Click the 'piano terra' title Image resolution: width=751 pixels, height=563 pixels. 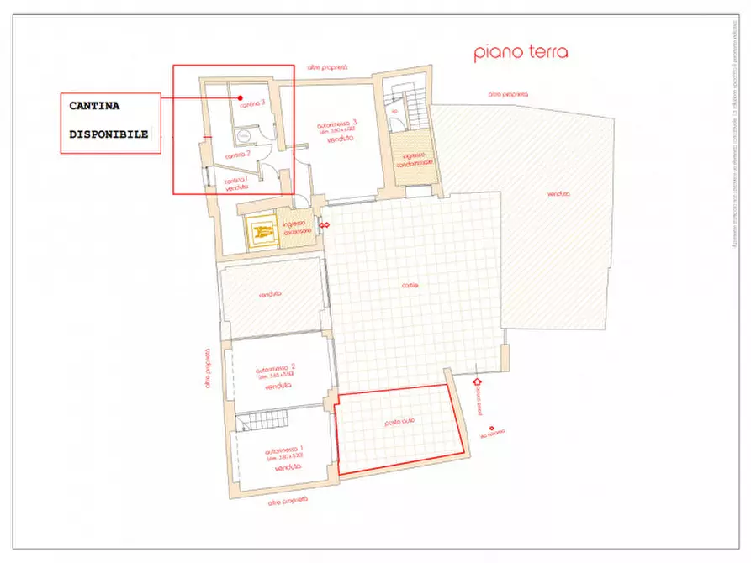pos(521,52)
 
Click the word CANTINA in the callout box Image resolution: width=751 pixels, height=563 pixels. pos(94,107)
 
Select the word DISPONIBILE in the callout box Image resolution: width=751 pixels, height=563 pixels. pos(108,134)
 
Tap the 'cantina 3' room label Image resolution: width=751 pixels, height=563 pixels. pos(252,105)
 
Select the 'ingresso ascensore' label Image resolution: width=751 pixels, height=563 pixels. pos(298,227)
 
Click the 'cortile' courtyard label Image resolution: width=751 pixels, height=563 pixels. pos(410,285)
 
